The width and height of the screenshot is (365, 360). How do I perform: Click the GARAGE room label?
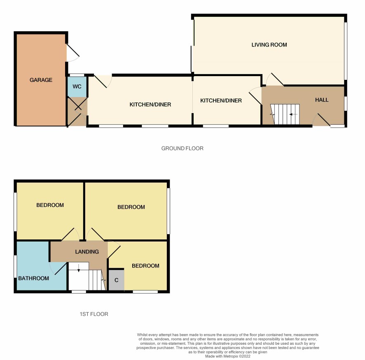pyautogui.click(x=41, y=80)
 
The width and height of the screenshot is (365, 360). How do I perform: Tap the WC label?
pyautogui.click(x=77, y=86)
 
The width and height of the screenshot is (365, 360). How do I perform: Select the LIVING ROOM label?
pyautogui.click(x=269, y=44)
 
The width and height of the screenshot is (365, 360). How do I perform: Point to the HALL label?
pyautogui.click(x=322, y=100)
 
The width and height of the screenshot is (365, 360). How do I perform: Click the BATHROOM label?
pyautogui.click(x=33, y=278)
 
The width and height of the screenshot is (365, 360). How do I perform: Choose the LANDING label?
pyautogui.click(x=87, y=252)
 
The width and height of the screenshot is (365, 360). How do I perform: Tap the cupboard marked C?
pyautogui.click(x=117, y=280)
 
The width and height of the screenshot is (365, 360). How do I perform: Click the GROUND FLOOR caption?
pyautogui.click(x=182, y=148)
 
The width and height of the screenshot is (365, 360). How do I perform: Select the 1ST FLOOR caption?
pyautogui.click(x=94, y=314)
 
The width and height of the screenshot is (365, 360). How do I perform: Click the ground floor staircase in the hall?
pyautogui.click(x=285, y=114)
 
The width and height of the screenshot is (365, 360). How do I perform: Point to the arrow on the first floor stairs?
pyautogui.click(x=79, y=268)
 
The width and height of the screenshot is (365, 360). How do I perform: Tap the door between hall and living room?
pyautogui.click(x=275, y=79)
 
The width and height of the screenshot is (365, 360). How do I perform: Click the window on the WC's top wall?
pyautogui.click(x=77, y=75)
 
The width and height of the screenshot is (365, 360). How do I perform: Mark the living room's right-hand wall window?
pyautogui.click(x=346, y=51)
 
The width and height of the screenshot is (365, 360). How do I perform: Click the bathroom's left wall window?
pyautogui.click(x=15, y=266)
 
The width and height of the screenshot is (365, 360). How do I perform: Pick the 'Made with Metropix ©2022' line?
pyautogui.click(x=228, y=356)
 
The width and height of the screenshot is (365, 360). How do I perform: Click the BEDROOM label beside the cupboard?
pyautogui.click(x=145, y=266)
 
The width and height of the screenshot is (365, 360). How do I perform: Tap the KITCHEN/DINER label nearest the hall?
pyautogui.click(x=221, y=101)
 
